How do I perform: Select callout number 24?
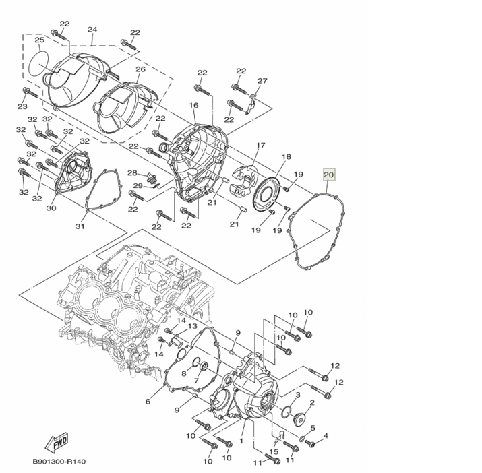(92, 30)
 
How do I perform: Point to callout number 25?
(39, 41)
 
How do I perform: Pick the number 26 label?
(140, 69)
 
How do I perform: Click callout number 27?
(262, 81)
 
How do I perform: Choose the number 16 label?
(193, 106)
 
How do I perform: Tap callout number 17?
(261, 145)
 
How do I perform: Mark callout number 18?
(286, 156)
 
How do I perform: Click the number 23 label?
(22, 107)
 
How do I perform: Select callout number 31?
(80, 226)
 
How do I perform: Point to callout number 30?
(51, 208)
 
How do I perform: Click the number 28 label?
(132, 173)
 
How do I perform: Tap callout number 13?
(192, 327)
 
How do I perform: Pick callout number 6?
(148, 402)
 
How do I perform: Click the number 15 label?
(274, 451)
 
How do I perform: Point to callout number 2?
(311, 403)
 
